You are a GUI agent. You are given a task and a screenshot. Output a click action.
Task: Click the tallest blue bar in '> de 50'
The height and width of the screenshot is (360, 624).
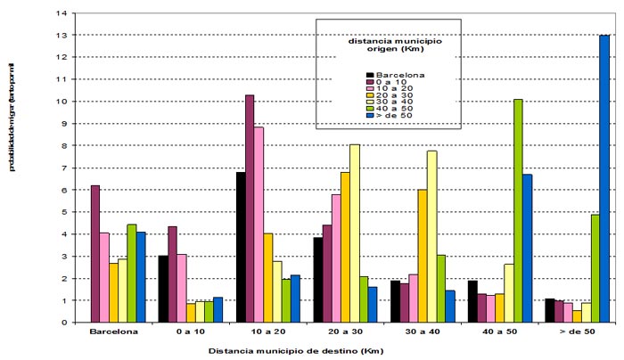[604, 178]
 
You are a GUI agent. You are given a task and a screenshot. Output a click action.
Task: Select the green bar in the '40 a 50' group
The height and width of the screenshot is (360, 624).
[518, 210]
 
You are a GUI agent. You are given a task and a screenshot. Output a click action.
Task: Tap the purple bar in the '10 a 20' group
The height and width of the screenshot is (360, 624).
[250, 209]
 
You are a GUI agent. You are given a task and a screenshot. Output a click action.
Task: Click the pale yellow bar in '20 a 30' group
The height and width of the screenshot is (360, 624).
[330, 233]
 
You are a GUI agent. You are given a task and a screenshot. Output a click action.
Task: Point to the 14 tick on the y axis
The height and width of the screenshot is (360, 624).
[65, 13]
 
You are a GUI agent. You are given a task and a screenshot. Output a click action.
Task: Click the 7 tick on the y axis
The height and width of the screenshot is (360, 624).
[67, 168]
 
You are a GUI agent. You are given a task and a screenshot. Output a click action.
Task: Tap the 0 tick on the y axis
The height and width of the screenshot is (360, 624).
[67, 323]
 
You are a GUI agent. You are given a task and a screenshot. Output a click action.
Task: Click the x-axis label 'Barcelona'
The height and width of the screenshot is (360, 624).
[112, 334]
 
